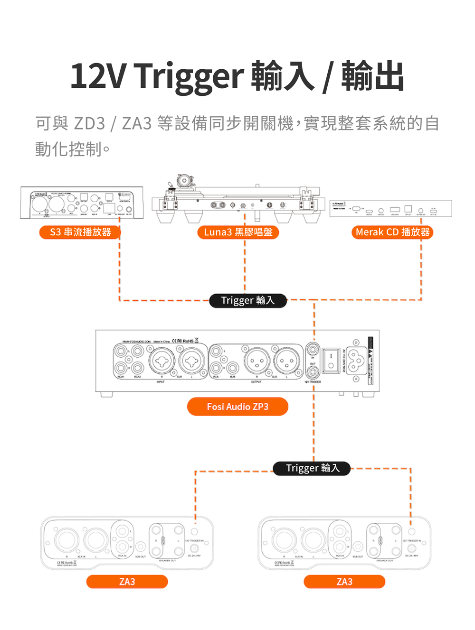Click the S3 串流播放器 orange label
(80, 232)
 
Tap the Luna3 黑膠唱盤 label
(238, 232)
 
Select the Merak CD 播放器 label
(392, 232)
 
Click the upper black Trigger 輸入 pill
(248, 300)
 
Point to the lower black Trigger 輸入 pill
(313, 468)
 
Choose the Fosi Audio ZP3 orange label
(237, 407)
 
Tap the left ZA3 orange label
(127, 582)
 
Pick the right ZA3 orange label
(344, 582)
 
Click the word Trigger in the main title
(189, 76)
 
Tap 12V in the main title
(98, 76)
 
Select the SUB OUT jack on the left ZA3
(141, 547)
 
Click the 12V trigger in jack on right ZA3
(411, 531)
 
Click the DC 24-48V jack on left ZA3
(194, 548)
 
